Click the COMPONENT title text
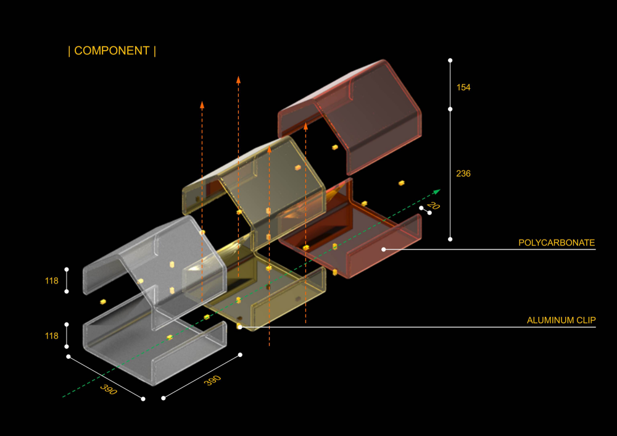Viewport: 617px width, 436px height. pyautogui.click(x=112, y=51)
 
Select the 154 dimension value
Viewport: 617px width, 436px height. pyautogui.click(x=463, y=88)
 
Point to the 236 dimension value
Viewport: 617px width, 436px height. pyautogui.click(x=463, y=174)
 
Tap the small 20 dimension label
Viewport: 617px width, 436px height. pyautogui.click(x=433, y=205)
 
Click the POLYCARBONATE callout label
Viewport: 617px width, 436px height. pyautogui.click(x=557, y=243)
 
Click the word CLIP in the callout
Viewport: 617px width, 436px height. pyautogui.click(x=586, y=320)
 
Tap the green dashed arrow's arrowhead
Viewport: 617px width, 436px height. pyautogui.click(x=436, y=192)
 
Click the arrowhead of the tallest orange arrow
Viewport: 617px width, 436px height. pyautogui.click(x=238, y=80)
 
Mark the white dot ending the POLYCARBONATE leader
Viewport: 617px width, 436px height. pyautogui.click(x=384, y=249)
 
